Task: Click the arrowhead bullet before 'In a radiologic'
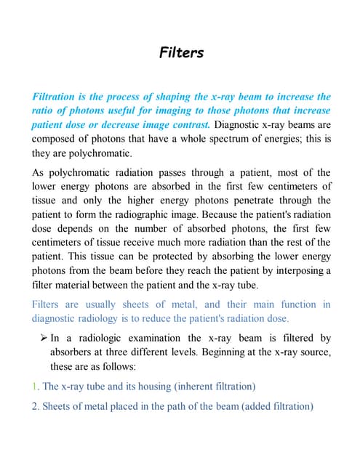click(x=42, y=339)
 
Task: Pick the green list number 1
click(x=35, y=386)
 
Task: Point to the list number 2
click(x=36, y=406)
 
